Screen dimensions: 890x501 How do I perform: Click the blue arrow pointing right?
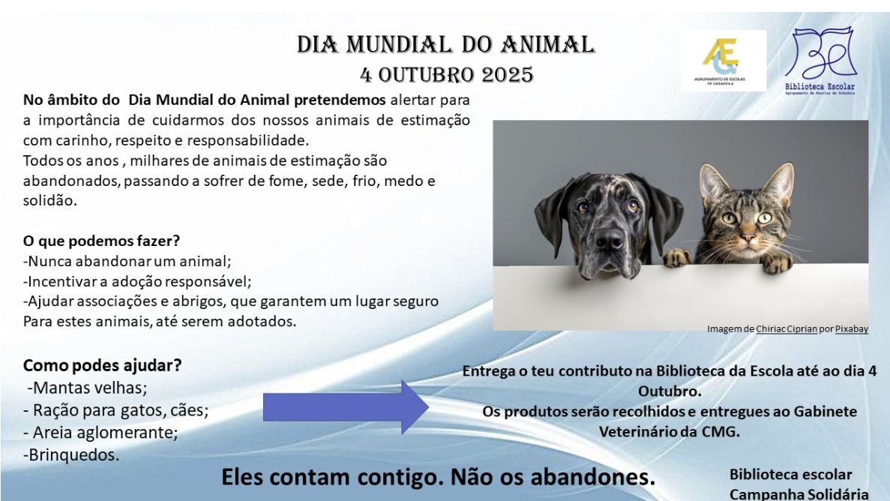click(345, 407)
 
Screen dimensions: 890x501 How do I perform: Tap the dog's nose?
click(610, 240)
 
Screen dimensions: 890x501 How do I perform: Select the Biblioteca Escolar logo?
click(820, 61)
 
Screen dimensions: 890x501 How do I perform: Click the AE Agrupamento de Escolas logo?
click(723, 60)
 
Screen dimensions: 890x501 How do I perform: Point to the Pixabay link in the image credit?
click(852, 329)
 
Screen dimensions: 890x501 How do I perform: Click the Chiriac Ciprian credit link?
click(787, 329)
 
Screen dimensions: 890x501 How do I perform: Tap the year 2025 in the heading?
click(508, 75)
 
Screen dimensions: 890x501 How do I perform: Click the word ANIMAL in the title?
click(547, 45)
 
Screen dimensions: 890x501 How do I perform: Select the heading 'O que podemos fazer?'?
click(101, 241)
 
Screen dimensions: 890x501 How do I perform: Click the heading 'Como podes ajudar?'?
click(102, 365)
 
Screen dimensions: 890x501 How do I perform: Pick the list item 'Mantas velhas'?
click(87, 388)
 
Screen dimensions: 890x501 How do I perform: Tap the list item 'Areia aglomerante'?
click(100, 432)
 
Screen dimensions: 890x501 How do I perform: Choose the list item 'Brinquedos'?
click(71, 455)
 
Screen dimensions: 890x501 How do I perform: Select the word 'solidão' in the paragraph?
click(49, 200)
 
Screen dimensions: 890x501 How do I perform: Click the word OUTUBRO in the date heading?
click(426, 75)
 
